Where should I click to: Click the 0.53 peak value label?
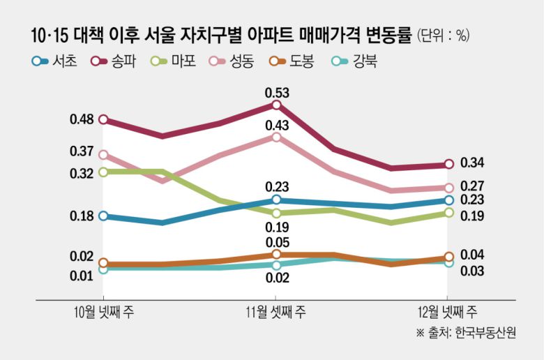click(x=277, y=91)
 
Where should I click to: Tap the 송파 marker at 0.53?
click(x=277, y=105)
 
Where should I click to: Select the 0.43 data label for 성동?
click(x=277, y=125)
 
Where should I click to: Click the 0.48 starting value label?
click(x=82, y=119)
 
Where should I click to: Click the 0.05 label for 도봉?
click(x=277, y=242)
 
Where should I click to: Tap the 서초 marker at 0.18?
click(x=103, y=216)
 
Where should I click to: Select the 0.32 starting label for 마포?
click(x=82, y=173)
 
